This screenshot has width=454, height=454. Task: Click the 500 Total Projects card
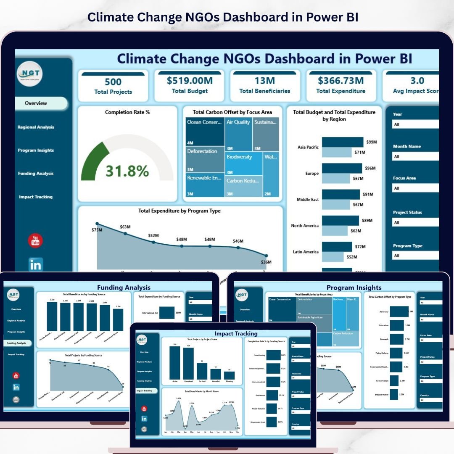click(x=113, y=86)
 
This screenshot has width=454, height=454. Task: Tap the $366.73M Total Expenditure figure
click(x=341, y=81)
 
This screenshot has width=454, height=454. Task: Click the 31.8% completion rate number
click(x=127, y=171)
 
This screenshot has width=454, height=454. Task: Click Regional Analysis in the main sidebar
click(x=36, y=127)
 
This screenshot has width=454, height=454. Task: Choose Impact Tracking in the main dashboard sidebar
click(x=36, y=197)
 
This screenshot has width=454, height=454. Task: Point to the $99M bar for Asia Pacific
click(x=342, y=142)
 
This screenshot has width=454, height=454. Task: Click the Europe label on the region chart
click(x=312, y=173)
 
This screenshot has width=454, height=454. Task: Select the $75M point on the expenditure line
click(x=97, y=224)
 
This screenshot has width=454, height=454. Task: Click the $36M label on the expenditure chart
click(x=266, y=262)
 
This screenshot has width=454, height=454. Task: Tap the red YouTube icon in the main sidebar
click(x=35, y=241)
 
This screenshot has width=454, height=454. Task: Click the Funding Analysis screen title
click(x=124, y=288)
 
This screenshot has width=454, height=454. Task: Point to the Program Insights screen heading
click(x=354, y=288)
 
